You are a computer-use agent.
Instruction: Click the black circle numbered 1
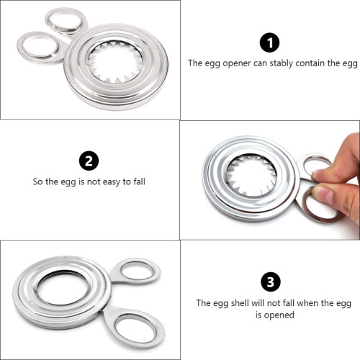(x=270, y=42)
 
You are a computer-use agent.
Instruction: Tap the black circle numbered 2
(x=89, y=161)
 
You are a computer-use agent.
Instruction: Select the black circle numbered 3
(x=271, y=282)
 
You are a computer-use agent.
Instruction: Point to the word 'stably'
(x=281, y=63)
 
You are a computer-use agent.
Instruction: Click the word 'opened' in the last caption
(x=279, y=315)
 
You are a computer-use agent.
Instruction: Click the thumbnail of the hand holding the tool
(x=270, y=180)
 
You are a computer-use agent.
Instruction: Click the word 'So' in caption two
(x=38, y=181)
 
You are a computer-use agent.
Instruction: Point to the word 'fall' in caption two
(x=140, y=181)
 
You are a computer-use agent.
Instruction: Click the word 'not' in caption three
(x=274, y=303)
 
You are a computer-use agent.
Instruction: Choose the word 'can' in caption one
(x=261, y=63)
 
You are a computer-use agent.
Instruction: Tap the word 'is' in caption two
(x=81, y=181)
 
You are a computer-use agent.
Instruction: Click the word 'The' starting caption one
(x=195, y=63)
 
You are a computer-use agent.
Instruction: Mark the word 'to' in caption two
(x=127, y=182)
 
